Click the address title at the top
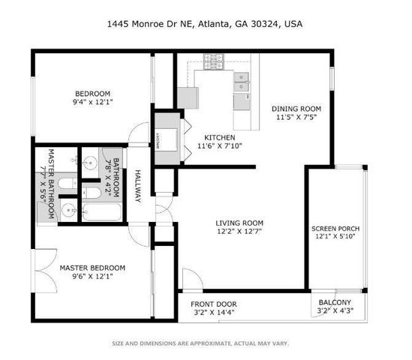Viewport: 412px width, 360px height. point(206,24)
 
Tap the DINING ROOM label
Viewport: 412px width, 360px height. point(296,108)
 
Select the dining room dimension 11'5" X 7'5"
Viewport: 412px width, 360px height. point(296,118)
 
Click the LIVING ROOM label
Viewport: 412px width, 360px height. point(239,223)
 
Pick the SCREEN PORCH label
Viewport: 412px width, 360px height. point(335,229)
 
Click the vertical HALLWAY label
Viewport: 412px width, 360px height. point(138,186)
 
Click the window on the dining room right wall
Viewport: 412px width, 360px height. point(332,79)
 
